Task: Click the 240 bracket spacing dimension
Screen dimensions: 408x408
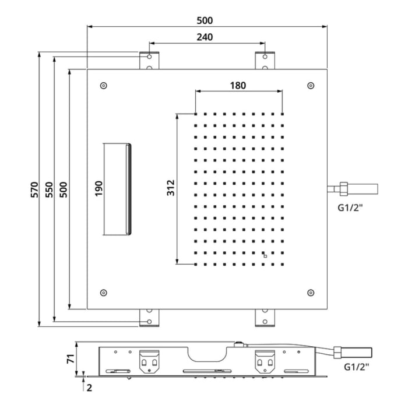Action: point(204,36)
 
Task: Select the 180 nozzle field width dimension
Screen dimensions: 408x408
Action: point(238,85)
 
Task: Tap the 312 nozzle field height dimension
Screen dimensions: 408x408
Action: point(171,188)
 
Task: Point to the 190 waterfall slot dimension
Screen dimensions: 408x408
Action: point(99,189)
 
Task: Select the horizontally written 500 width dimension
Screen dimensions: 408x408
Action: point(204,20)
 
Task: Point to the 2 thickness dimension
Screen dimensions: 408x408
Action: point(89,385)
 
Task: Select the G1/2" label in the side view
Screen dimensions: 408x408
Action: point(356,367)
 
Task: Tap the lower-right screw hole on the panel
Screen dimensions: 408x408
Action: point(310,293)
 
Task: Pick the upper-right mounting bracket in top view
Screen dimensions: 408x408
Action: point(265,61)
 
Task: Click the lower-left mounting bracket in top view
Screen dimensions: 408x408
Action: point(149,318)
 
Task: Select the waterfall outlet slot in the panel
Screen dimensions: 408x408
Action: point(118,189)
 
